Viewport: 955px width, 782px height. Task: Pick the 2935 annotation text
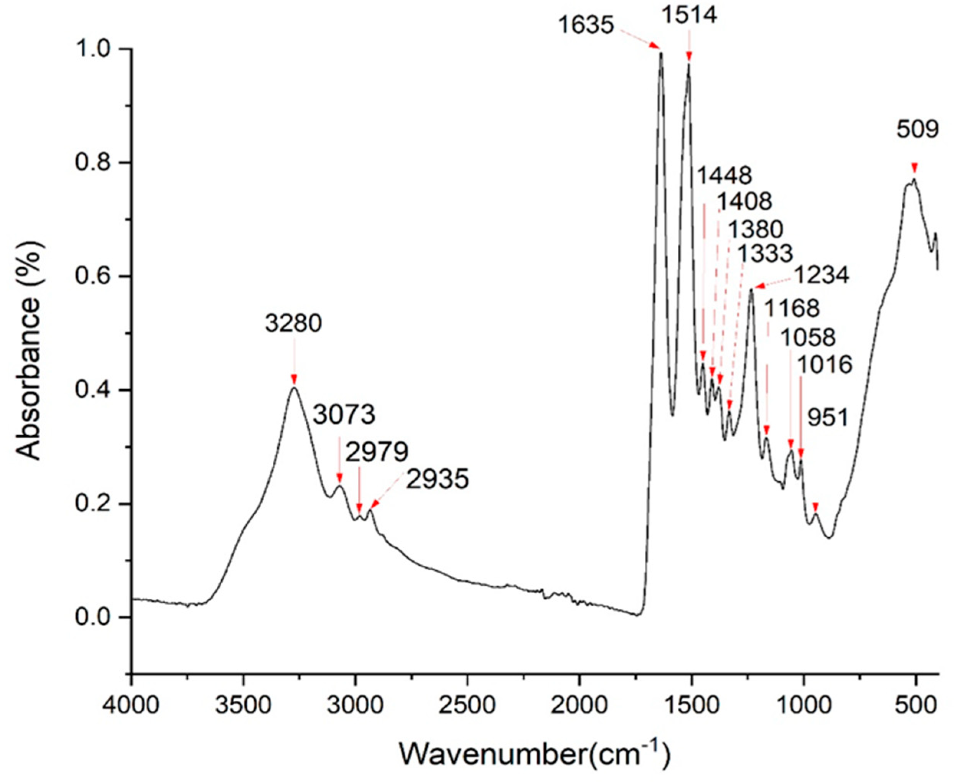tap(437, 479)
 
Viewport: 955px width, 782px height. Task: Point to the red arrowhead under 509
tap(914, 168)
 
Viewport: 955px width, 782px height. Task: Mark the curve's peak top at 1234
tap(751, 290)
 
